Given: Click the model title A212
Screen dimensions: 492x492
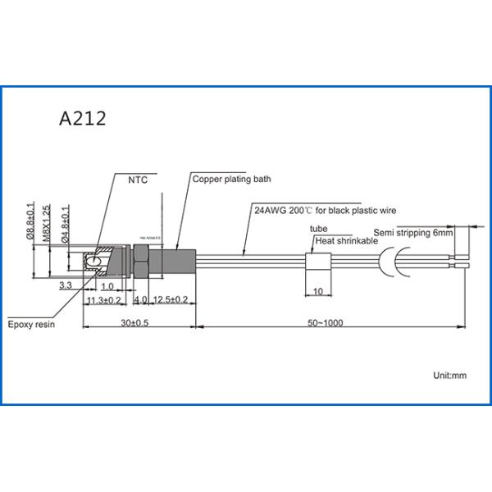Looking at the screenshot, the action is [82, 120].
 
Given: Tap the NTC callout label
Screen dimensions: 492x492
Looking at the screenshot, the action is [137, 180].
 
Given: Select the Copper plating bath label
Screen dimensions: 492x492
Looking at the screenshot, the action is [231, 178].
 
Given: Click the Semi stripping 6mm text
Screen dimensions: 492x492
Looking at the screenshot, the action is [412, 233].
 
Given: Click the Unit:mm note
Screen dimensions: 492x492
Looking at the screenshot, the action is [449, 375].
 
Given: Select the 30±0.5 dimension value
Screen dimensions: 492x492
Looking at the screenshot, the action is [134, 322].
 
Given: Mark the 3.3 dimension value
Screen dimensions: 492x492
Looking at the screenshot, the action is [66, 285].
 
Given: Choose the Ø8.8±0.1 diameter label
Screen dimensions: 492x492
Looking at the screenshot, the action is [30, 222].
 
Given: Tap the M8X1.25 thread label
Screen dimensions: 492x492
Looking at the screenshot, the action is [47, 221].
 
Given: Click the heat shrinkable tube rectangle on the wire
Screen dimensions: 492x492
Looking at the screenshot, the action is [317, 262].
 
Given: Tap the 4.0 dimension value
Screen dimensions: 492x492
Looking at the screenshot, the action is [140, 300].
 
